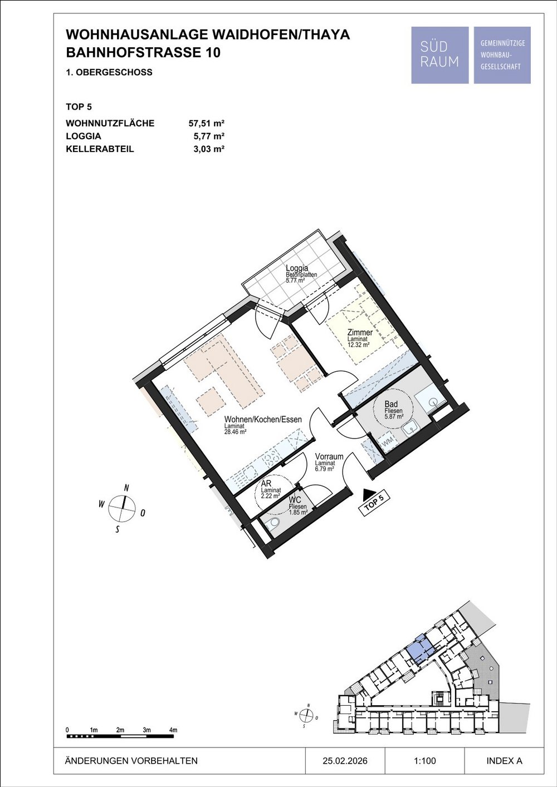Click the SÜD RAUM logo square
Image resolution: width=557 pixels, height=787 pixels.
[440, 55]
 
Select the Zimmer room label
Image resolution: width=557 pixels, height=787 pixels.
[360, 332]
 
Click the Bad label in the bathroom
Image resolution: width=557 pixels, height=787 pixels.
[391, 404]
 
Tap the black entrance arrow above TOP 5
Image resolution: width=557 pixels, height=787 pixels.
[368, 494]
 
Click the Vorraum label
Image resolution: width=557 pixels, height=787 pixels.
[329, 456]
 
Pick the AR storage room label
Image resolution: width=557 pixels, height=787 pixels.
[266, 484]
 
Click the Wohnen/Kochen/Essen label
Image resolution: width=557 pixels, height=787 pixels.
[263, 419]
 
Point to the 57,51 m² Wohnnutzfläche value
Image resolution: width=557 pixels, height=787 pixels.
[207, 124]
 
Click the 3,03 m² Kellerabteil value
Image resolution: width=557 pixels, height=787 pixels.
[209, 149]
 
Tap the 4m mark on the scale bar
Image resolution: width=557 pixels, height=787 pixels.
[173, 730]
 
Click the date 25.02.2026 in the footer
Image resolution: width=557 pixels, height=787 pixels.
[345, 761]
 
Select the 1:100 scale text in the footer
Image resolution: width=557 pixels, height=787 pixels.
[425, 761]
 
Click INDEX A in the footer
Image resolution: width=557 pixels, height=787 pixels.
[504, 761]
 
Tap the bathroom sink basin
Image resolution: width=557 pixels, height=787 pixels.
[411, 428]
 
